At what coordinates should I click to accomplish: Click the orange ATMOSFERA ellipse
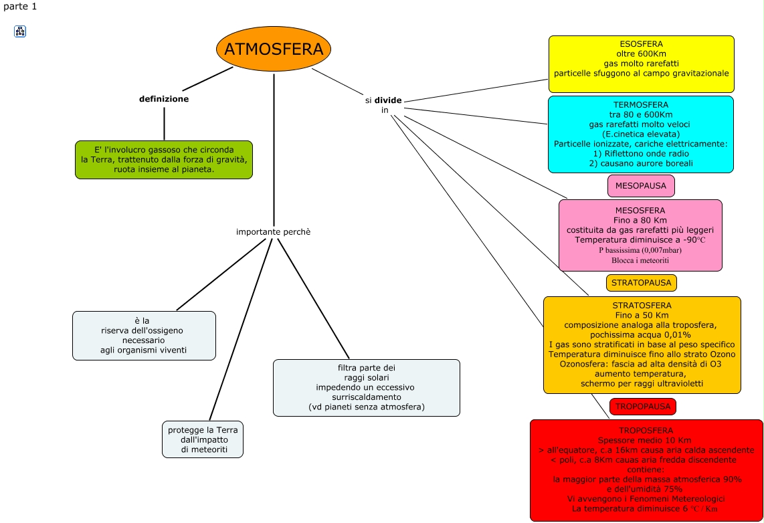coord(274,49)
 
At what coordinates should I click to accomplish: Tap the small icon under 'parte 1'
coord(20,31)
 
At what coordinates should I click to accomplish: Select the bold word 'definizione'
coord(164,99)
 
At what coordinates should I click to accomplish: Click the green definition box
coord(164,160)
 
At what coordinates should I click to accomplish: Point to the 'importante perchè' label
coord(273,232)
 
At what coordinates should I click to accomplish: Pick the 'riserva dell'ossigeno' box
coord(144,336)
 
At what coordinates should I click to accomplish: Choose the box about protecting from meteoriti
coord(203,439)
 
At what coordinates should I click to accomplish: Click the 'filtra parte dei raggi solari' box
coord(366,388)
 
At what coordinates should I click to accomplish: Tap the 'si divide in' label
coord(384,105)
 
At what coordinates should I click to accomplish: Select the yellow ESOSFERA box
coord(641,64)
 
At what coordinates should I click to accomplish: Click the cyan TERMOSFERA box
coord(640,134)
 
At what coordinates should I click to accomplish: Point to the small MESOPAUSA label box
coord(640,186)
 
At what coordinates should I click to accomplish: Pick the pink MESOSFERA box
coord(640,235)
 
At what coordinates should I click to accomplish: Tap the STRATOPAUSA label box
coord(641,283)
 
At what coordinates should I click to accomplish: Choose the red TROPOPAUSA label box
coord(642,407)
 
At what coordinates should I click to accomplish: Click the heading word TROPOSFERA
coord(646,431)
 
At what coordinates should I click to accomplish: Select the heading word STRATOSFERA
coord(642,306)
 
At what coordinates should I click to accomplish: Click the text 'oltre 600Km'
coord(641,54)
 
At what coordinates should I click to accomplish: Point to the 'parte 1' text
coord(20,6)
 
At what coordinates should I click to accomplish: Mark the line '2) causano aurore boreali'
coord(640,163)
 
